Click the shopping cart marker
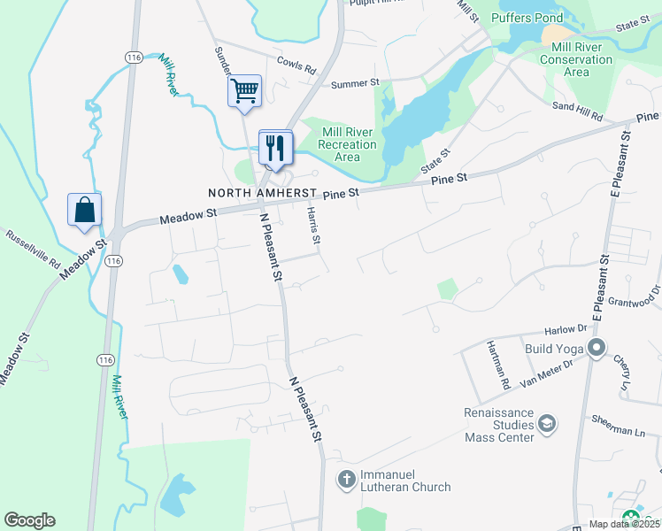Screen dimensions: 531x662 click(244, 90)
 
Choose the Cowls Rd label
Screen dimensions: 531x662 click(296, 65)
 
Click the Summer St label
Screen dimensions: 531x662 click(355, 84)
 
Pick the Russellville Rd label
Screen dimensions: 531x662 click(33, 250)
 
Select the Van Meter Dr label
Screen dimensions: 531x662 click(547, 366)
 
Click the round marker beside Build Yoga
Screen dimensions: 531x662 click(596, 348)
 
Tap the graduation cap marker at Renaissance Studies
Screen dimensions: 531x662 click(548, 425)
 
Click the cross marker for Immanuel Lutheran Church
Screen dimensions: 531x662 click(346, 480)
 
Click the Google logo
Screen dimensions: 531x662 click(29, 520)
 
